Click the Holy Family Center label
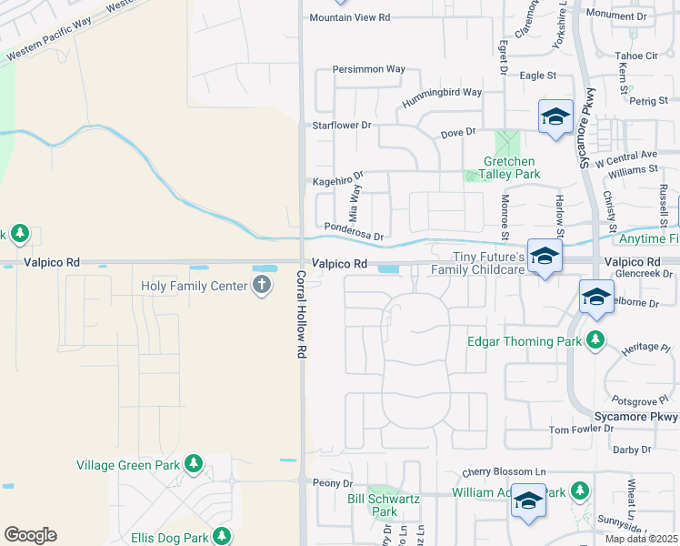point(195,286)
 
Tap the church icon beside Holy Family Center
point(262,286)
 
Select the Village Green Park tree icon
point(193,465)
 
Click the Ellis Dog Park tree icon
point(220,535)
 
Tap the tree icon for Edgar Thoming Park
point(595,341)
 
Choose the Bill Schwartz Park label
point(385,505)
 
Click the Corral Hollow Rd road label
point(300,313)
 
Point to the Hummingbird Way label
point(442,92)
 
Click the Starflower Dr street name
point(343,125)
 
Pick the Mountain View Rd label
point(349,17)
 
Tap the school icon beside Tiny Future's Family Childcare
point(544,258)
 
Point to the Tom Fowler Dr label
point(582,430)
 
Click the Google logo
point(30,535)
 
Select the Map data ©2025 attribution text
point(640,539)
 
